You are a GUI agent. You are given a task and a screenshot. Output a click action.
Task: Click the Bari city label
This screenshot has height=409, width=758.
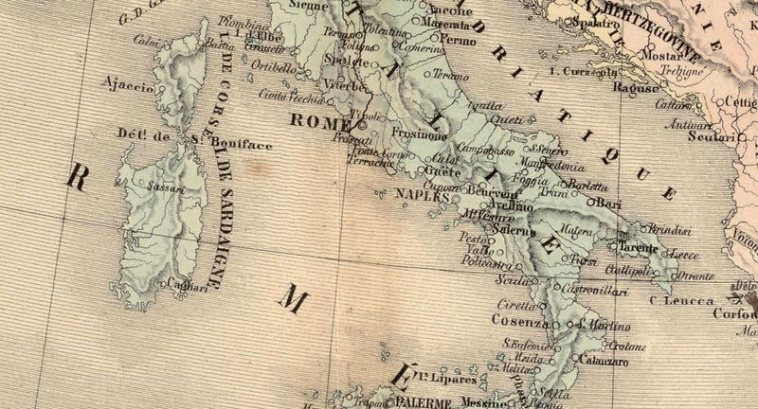click(x=613, y=203)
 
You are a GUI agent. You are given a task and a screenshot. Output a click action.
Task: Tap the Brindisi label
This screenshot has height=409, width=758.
click(x=670, y=229)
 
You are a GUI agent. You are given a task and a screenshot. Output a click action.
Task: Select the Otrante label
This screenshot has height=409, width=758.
click(x=696, y=276)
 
